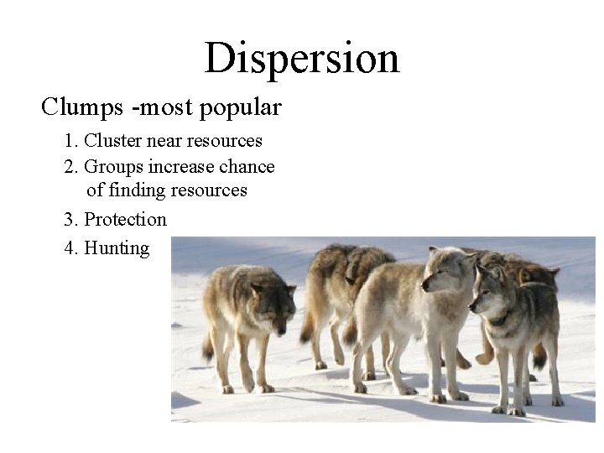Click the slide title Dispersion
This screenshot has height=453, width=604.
(x=301, y=58)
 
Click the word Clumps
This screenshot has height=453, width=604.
(x=76, y=107)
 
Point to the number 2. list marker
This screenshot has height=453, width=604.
(x=71, y=166)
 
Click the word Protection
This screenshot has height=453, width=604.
(x=126, y=220)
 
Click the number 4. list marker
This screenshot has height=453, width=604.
(x=71, y=248)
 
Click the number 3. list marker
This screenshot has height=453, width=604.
(x=71, y=220)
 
